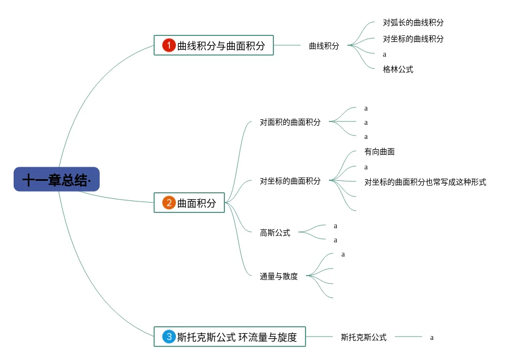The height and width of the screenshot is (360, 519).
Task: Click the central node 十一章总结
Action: point(57,180)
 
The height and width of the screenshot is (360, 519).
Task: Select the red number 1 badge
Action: point(169,45)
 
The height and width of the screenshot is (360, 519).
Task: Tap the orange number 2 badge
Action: point(169,203)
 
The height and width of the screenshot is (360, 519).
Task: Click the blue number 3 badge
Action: point(169,337)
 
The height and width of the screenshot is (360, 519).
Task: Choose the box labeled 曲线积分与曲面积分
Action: point(213,45)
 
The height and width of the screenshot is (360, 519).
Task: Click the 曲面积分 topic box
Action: point(189,203)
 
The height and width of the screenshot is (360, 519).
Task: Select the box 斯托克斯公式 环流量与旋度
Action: point(229,337)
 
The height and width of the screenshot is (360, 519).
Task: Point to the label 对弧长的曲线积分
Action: point(413,23)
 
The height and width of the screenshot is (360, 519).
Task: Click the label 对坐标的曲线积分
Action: point(413,39)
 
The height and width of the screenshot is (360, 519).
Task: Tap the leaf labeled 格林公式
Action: point(398,69)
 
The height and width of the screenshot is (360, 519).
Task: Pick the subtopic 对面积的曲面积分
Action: point(290,122)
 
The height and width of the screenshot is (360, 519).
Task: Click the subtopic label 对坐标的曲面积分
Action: point(290,181)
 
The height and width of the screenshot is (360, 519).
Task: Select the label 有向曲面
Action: point(379,151)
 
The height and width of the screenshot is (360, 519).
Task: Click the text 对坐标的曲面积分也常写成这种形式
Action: point(425,182)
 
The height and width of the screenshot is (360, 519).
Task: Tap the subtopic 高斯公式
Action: point(275,233)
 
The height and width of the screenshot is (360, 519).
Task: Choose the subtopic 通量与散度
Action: point(278,276)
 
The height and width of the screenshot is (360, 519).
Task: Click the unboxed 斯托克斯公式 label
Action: point(363,337)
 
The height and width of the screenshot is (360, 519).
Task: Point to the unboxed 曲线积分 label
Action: point(323,46)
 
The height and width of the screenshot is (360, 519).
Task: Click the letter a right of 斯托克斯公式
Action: point(432,337)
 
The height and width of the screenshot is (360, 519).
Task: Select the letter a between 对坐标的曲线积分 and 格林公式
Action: point(384,54)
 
